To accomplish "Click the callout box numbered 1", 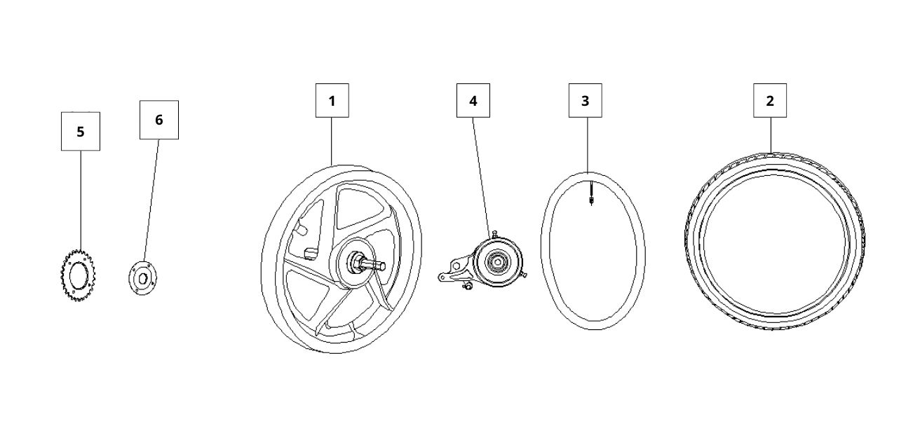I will tap(332, 101).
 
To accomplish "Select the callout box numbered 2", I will tap(770, 101).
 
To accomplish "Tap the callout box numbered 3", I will tap(585, 101).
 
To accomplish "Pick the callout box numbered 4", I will tap(473, 101).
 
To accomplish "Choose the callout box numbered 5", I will tap(80, 131).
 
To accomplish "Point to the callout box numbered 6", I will tap(158, 120).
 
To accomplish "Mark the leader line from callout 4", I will tap(481, 175).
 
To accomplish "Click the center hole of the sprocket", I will tap(78, 273).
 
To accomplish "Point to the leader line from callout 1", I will tap(332, 140).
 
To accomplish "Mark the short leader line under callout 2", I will tap(770, 134).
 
